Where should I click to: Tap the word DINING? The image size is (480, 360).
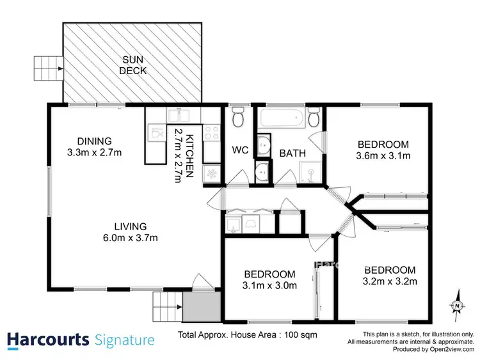point(95,141)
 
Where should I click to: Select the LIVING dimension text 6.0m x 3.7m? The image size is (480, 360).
point(113,238)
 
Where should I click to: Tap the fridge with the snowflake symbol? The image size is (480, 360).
point(211,173)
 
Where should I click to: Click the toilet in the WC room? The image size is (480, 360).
point(238,118)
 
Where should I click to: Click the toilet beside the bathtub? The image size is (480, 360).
point(313,118)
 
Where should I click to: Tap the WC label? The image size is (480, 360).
point(240,151)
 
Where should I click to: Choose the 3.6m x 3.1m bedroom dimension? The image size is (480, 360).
point(383,155)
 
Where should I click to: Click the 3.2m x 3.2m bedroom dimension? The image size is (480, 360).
point(390,281)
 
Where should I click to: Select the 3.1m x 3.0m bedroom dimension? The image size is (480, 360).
point(269,285)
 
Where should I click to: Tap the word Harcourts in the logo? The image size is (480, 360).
point(49,339)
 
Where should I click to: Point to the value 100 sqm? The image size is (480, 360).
point(302,334)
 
